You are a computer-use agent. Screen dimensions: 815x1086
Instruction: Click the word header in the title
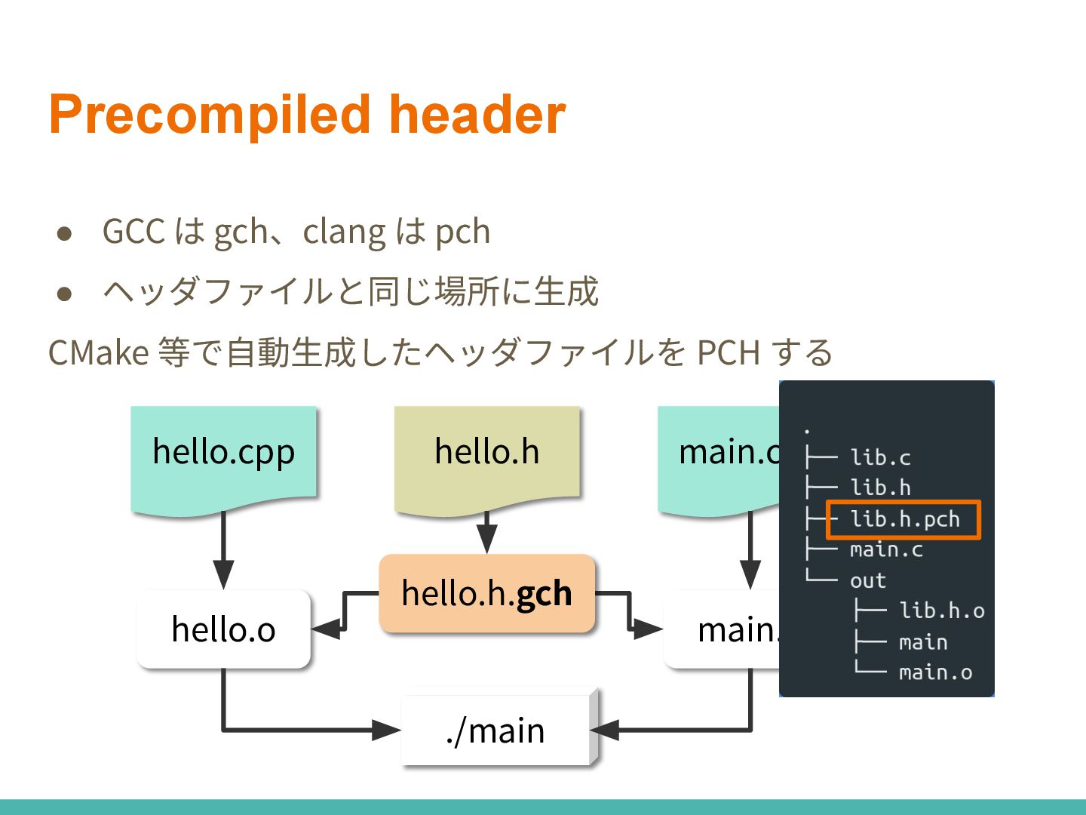(x=477, y=115)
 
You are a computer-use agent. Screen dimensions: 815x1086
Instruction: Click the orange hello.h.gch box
(x=487, y=593)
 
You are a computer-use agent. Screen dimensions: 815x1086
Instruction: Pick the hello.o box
(x=223, y=629)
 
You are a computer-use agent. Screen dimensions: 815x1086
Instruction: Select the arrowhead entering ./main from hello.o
(x=386, y=730)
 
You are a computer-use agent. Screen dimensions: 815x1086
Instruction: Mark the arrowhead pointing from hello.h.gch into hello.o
(x=326, y=629)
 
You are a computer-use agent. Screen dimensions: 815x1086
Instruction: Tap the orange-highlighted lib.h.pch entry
(x=904, y=519)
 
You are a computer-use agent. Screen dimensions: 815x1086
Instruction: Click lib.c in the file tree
(x=880, y=457)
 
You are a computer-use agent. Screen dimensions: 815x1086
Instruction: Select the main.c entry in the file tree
(x=886, y=549)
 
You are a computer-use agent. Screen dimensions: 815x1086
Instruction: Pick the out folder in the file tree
(x=867, y=580)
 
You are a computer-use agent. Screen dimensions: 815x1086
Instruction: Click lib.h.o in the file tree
(x=942, y=610)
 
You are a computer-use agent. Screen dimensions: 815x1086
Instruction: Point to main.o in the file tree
(x=935, y=672)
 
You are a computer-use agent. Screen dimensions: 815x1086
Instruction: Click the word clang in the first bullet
(x=345, y=232)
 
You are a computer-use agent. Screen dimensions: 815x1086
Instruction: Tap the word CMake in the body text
(x=99, y=352)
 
